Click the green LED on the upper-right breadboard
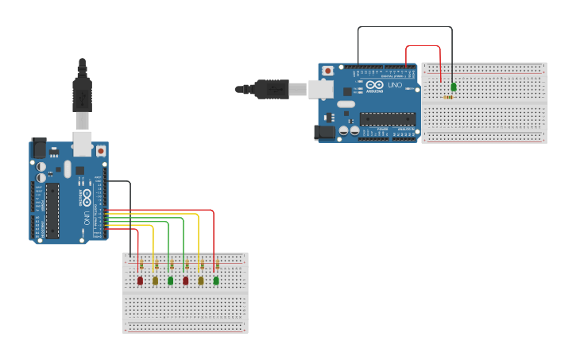pyautogui.click(x=454, y=87)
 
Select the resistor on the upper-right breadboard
pyautogui.click(x=450, y=98)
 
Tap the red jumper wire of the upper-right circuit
pyautogui.click(x=423, y=45)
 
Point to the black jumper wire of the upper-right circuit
pyautogui.click(x=404, y=27)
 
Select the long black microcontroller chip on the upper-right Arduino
pyautogui.click(x=388, y=119)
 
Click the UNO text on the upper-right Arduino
pyautogui.click(x=396, y=85)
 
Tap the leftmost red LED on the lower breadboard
pyautogui.click(x=141, y=281)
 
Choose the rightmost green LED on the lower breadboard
pyautogui.click(x=216, y=281)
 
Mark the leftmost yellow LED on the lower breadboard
pyautogui.click(x=156, y=281)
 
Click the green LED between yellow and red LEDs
pyautogui.click(x=171, y=281)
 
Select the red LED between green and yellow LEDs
pyautogui.click(x=186, y=281)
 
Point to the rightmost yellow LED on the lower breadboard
pyautogui.click(x=201, y=281)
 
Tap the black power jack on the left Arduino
pyautogui.click(x=38, y=149)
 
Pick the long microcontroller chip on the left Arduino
pyautogui.click(x=52, y=211)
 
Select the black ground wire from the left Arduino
pyautogui.click(x=130, y=215)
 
